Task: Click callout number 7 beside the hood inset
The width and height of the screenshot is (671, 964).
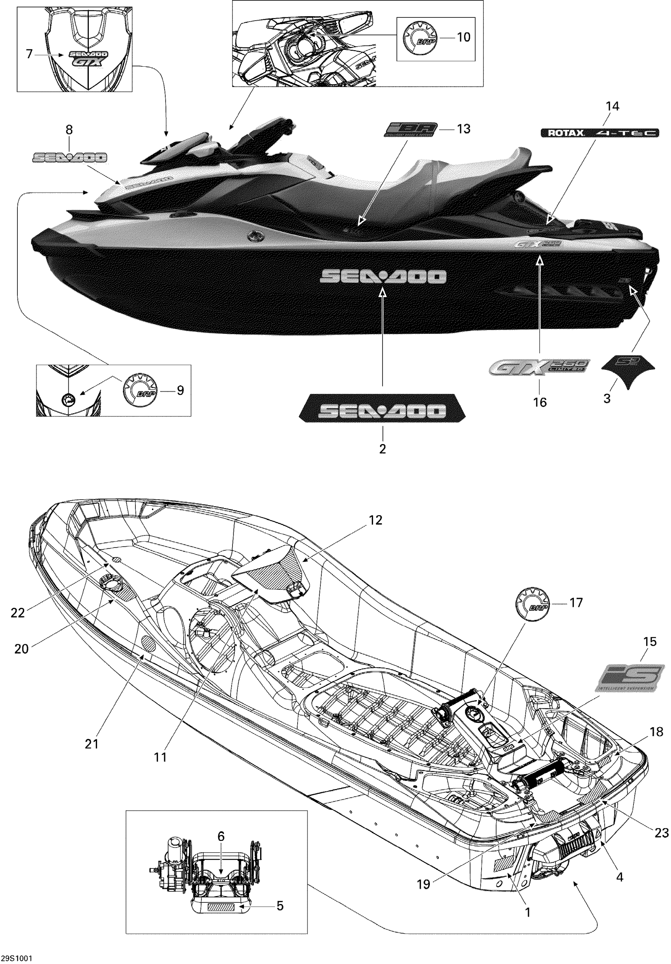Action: (x=29, y=54)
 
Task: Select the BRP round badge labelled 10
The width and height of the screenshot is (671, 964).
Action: (x=420, y=38)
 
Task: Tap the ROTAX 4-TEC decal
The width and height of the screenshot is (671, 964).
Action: (x=599, y=133)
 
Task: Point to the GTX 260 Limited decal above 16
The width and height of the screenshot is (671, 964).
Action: (x=540, y=368)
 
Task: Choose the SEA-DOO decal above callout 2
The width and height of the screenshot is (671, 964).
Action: (x=382, y=411)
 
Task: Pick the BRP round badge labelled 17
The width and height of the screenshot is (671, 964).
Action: (x=532, y=603)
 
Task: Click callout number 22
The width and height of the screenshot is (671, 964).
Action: (x=18, y=613)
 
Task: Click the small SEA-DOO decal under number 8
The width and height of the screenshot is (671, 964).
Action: (x=70, y=158)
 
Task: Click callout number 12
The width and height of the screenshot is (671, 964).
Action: (x=375, y=520)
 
